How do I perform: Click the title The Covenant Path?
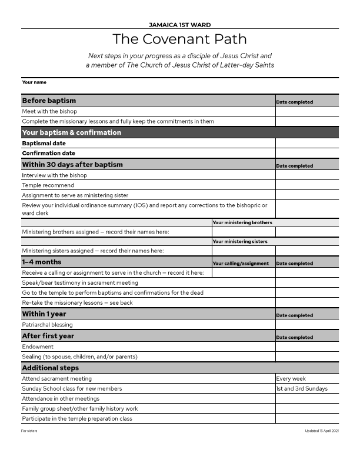[x=179, y=39]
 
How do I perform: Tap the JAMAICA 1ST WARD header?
[x=179, y=25]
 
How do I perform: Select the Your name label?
[x=34, y=82]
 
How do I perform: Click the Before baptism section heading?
[x=49, y=101]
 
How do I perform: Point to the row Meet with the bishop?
[x=49, y=111]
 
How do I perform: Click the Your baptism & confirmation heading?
[x=71, y=132]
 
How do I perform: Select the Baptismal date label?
[x=44, y=143]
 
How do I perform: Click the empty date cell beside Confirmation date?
[x=306, y=153]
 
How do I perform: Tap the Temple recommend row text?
[x=48, y=185]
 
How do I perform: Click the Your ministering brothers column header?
[x=242, y=222]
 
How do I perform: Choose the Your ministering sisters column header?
[x=240, y=241]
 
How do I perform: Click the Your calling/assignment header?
[x=241, y=263]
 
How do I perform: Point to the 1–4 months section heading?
[x=41, y=262]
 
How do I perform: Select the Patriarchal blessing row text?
[x=48, y=325]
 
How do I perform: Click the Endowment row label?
[x=38, y=347]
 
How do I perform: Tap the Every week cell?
[x=291, y=379]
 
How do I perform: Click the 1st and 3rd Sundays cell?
[x=302, y=389]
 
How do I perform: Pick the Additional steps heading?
[x=50, y=368]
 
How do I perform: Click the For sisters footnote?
[x=28, y=431]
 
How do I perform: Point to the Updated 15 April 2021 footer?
[x=322, y=431]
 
